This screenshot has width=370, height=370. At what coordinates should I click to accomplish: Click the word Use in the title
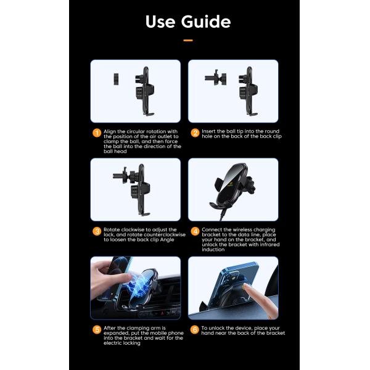click(161, 22)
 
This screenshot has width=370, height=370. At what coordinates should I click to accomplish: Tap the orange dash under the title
click(188, 40)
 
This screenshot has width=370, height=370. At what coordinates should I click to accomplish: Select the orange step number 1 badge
click(96, 132)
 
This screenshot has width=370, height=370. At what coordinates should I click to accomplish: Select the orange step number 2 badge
click(195, 132)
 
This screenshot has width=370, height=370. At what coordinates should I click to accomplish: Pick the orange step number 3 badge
click(96, 231)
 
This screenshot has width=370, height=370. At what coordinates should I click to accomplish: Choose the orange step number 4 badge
click(195, 231)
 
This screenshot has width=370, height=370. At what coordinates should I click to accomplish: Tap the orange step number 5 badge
click(96, 329)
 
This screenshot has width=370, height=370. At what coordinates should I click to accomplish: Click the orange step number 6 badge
click(195, 329)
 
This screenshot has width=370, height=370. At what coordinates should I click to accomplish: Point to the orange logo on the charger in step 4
click(233, 183)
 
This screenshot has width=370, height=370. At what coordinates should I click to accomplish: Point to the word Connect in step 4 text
click(212, 229)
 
